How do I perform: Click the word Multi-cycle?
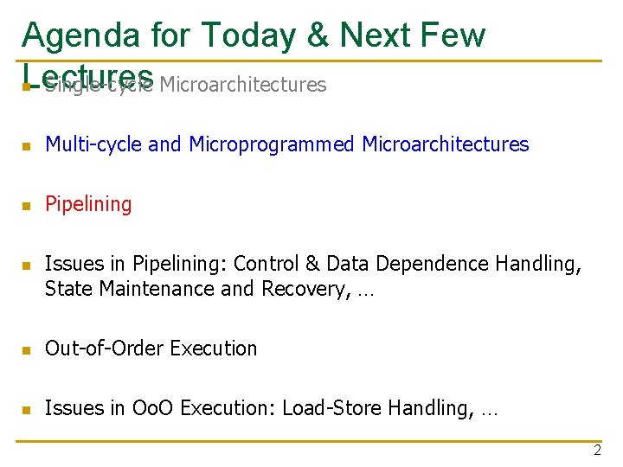click(x=93, y=145)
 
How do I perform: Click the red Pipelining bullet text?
click(x=88, y=205)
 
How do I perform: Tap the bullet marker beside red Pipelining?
click(x=27, y=206)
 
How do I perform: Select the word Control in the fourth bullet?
click(x=266, y=264)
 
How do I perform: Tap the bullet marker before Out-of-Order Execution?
click(x=27, y=349)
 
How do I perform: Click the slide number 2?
click(x=597, y=450)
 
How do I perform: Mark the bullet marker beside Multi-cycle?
click(x=27, y=146)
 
